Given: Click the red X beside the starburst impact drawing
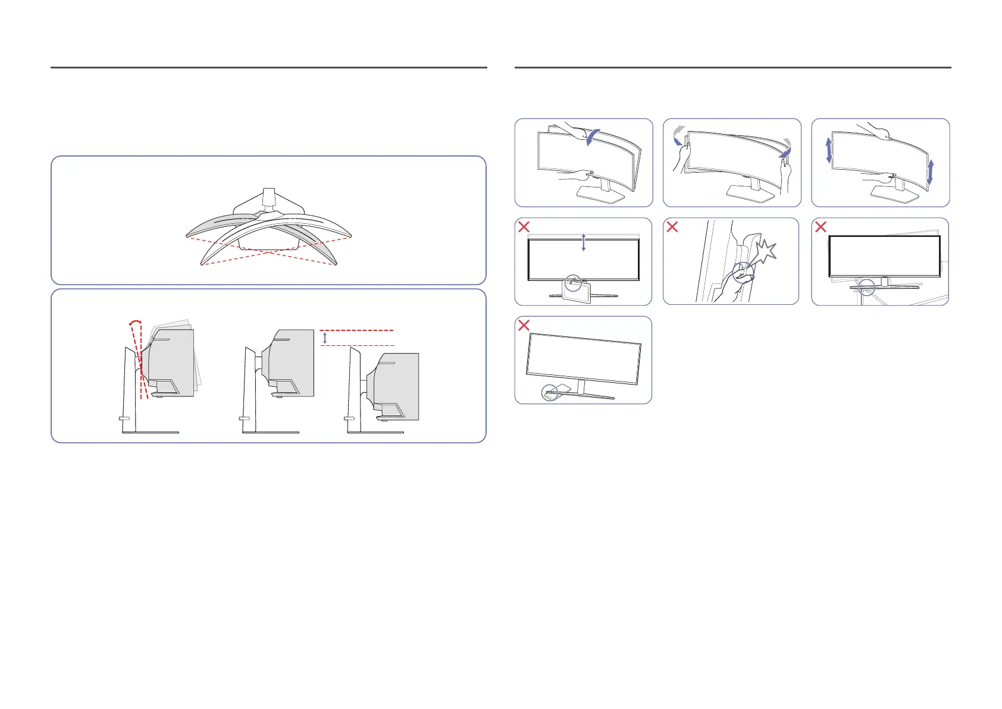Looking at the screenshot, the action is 672,226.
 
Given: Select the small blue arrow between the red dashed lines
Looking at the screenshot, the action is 325,338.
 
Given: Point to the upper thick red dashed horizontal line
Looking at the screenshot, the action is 357,330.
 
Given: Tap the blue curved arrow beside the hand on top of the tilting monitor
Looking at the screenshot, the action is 593,137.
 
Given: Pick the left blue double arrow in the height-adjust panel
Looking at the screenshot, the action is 828,150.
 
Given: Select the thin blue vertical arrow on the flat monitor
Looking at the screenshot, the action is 583,242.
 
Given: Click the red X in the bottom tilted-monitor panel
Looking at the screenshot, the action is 524,325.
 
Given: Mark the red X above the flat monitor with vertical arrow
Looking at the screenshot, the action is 524,226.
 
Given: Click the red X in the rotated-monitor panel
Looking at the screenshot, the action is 821,226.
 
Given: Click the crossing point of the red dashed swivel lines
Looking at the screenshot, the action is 268,252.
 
